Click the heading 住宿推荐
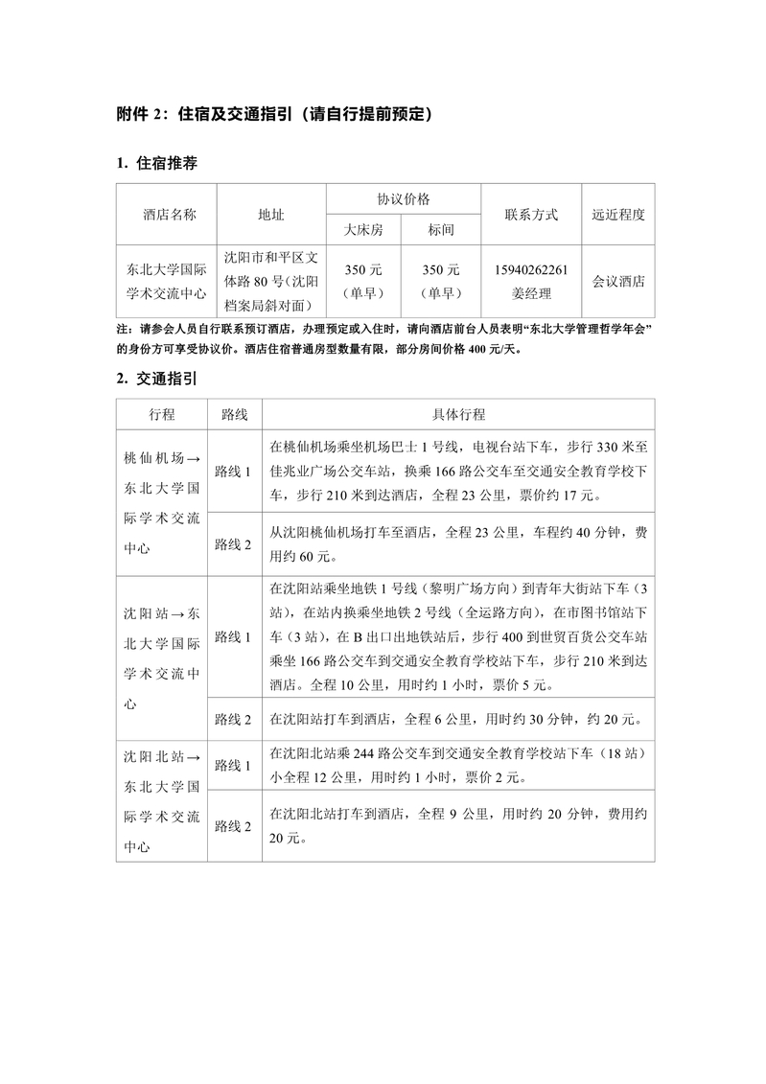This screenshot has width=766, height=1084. [168, 163]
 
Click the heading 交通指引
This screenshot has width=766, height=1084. [168, 379]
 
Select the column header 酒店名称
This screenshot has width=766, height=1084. [169, 215]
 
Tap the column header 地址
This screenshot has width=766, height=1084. [271, 215]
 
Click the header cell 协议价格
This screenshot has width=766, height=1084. [403, 199]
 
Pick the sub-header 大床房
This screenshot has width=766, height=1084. [363, 230]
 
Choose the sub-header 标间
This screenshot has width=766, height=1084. [441, 230]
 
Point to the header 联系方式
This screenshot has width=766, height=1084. [531, 215]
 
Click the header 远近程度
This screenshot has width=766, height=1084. [618, 215]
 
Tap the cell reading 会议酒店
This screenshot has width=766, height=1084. [618, 282]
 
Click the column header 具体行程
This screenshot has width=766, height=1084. [458, 414]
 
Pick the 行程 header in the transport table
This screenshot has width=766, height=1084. [162, 414]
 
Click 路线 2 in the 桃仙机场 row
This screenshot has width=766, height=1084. [233, 544]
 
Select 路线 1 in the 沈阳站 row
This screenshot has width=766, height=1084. [233, 636]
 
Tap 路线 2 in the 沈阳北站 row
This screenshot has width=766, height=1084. [233, 826]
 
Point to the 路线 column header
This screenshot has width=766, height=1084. [234, 414]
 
